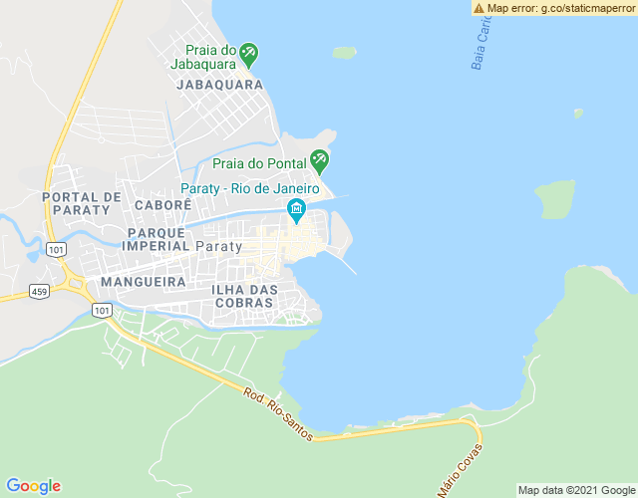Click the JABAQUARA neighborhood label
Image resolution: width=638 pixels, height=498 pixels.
click(x=219, y=85)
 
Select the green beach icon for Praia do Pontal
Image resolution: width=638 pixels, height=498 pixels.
click(x=319, y=159)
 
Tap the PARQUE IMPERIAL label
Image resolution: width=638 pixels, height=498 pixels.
click(x=156, y=238)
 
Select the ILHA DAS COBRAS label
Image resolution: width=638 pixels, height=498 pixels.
click(x=244, y=296)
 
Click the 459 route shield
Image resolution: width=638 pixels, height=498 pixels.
click(x=39, y=291)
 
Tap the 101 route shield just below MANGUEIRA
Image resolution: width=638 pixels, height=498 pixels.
click(x=103, y=311)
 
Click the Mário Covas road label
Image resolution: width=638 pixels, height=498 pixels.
click(x=460, y=470)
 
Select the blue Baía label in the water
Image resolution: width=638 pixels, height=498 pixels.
click(x=481, y=45)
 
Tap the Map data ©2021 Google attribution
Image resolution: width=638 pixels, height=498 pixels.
click(x=576, y=490)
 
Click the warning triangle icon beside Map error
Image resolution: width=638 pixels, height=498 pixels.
click(x=479, y=8)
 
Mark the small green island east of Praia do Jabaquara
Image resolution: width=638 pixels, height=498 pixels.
click(x=344, y=52)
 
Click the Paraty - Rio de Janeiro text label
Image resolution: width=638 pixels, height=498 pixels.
click(x=249, y=189)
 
